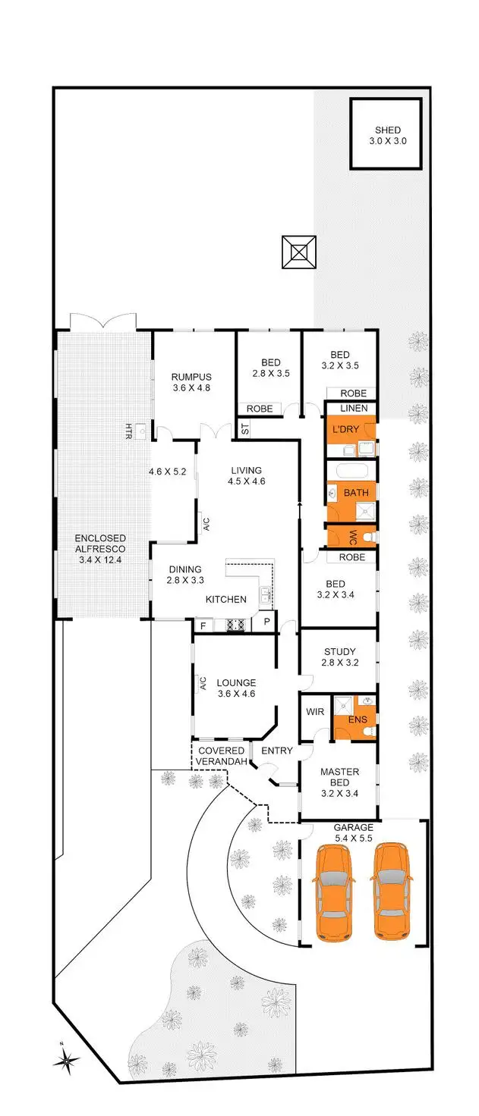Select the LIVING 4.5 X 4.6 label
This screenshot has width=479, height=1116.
point(246,476)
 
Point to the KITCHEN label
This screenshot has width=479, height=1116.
point(225,600)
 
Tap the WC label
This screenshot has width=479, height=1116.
point(352,538)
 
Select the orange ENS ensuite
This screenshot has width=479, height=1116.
point(356,720)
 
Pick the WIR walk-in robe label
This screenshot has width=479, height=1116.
point(315,713)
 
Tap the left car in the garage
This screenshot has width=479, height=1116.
point(334,892)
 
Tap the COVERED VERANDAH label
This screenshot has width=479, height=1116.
point(222,756)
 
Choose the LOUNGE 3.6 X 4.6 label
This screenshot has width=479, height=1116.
point(236,688)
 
